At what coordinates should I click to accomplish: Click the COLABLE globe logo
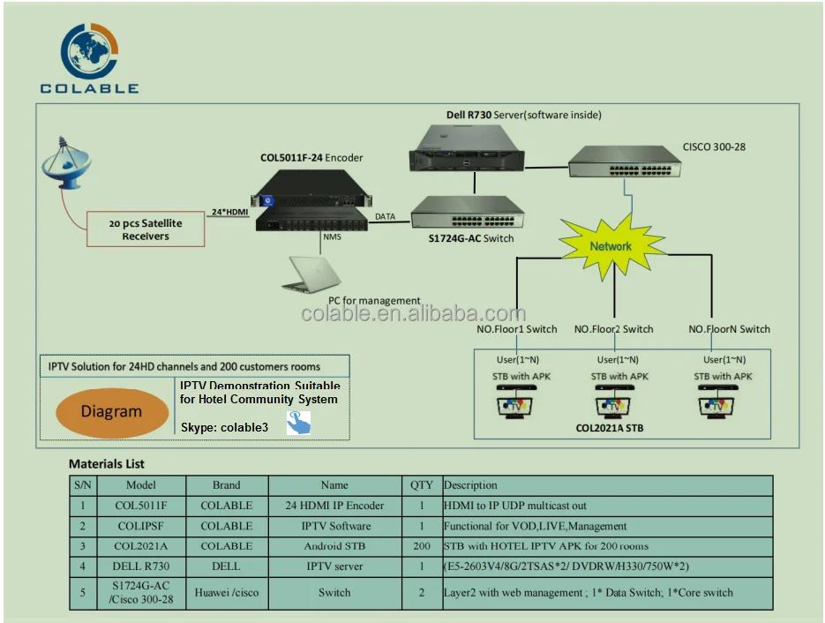point(88,51)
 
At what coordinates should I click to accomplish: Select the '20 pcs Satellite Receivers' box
point(146,229)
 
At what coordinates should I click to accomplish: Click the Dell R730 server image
point(467,147)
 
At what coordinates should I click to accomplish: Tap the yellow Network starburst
point(611,246)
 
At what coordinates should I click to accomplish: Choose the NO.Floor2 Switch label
point(613,329)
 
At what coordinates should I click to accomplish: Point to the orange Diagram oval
point(111,411)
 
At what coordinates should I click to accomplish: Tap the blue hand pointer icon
point(298,425)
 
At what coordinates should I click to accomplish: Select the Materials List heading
point(107,463)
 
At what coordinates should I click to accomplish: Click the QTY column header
point(422,484)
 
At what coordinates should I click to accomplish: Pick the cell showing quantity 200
point(422,546)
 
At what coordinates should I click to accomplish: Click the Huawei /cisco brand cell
point(227,592)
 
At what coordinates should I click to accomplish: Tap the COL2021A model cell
point(140,546)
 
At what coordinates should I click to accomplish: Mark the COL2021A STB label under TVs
point(610,428)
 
